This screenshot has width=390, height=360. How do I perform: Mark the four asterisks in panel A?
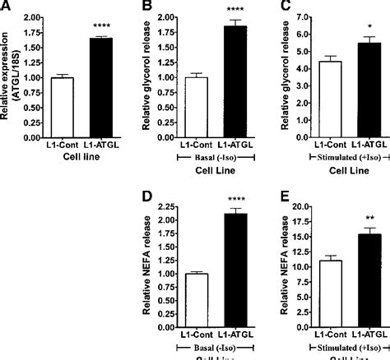click(x=98, y=29)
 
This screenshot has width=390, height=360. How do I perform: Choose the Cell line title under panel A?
click(x=72, y=156)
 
